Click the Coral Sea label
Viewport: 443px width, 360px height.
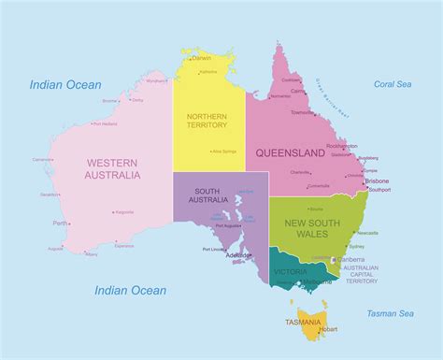393,84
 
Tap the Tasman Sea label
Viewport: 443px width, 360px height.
392,313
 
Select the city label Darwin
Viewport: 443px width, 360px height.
202,58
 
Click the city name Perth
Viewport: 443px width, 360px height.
60,223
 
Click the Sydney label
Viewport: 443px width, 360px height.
357,246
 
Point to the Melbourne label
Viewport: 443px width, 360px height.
317,281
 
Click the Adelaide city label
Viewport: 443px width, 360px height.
237,255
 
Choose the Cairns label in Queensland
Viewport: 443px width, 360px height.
297,92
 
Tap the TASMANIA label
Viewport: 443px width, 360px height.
304,323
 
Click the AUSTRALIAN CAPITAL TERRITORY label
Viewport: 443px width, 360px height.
360,275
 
